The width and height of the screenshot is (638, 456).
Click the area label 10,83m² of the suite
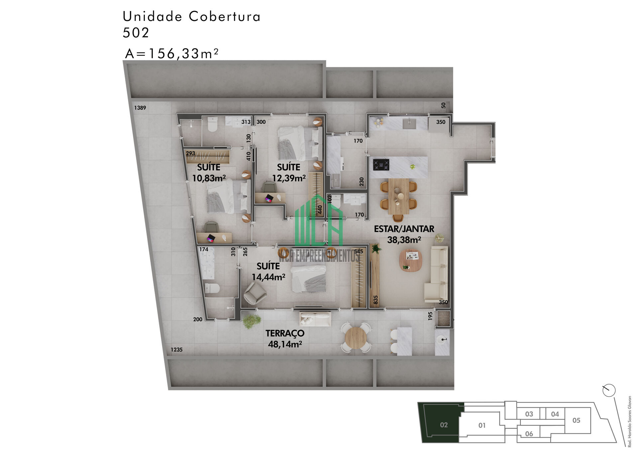coord(209,178)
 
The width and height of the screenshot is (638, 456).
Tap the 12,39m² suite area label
coord(289,178)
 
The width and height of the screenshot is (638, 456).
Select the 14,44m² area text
coord(268,277)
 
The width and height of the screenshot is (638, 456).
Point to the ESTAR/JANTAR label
coord(404,229)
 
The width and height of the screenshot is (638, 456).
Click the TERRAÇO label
coord(285,333)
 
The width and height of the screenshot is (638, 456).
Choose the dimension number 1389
coord(140,108)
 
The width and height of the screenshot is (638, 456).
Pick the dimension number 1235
coord(176,350)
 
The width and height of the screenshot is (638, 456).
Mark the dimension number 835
coord(376,300)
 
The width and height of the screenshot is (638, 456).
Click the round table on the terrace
coord(356,338)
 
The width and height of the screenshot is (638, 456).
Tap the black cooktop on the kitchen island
coord(381,165)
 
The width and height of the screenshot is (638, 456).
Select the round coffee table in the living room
coord(411,260)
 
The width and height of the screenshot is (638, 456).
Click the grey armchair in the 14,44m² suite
coord(255,293)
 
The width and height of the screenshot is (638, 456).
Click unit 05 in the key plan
coord(576,420)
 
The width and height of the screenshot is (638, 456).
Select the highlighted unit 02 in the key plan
coord(444,425)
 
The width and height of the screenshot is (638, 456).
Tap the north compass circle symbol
coord(609,390)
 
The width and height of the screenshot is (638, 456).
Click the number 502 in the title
coord(136,33)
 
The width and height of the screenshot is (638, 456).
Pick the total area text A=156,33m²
coord(172,54)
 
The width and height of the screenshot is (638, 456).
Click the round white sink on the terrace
coord(442,340)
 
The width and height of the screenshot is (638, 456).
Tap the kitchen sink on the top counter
coord(409,123)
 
